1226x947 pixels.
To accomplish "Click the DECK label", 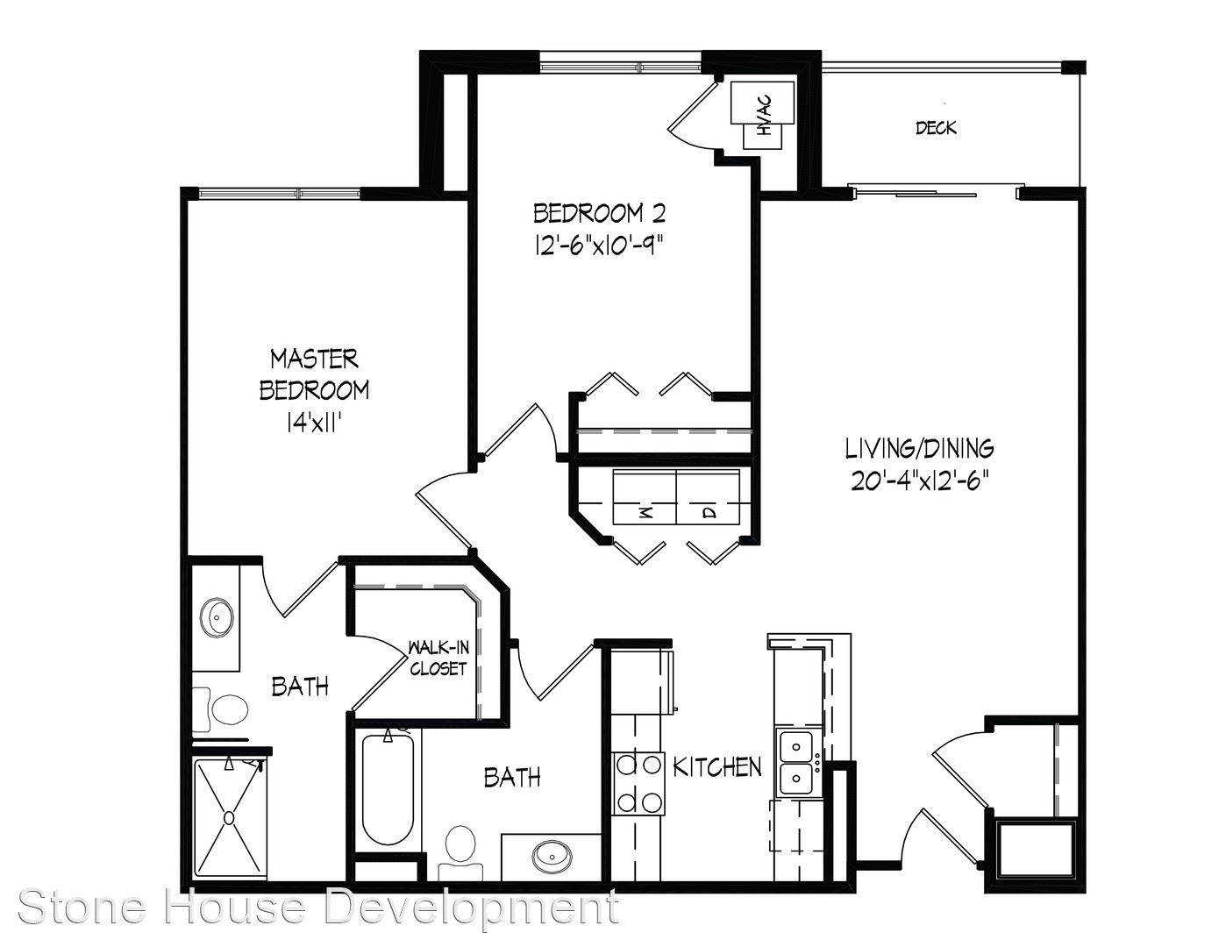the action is click(936, 128).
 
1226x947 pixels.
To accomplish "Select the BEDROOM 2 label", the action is click(599, 213).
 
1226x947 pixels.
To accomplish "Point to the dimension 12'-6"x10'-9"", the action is click(598, 246).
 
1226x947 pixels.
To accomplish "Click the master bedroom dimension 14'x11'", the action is click(314, 422).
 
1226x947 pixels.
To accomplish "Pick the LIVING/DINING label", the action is click(919, 449).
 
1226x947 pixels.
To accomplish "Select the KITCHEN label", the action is click(717, 767).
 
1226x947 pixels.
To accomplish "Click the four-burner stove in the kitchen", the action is click(638, 783).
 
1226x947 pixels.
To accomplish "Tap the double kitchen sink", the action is click(796, 762).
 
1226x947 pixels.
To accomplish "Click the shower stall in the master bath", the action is click(229, 817).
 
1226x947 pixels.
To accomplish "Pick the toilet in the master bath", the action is click(223, 708).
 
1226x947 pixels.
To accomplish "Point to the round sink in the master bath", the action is click(217, 617).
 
